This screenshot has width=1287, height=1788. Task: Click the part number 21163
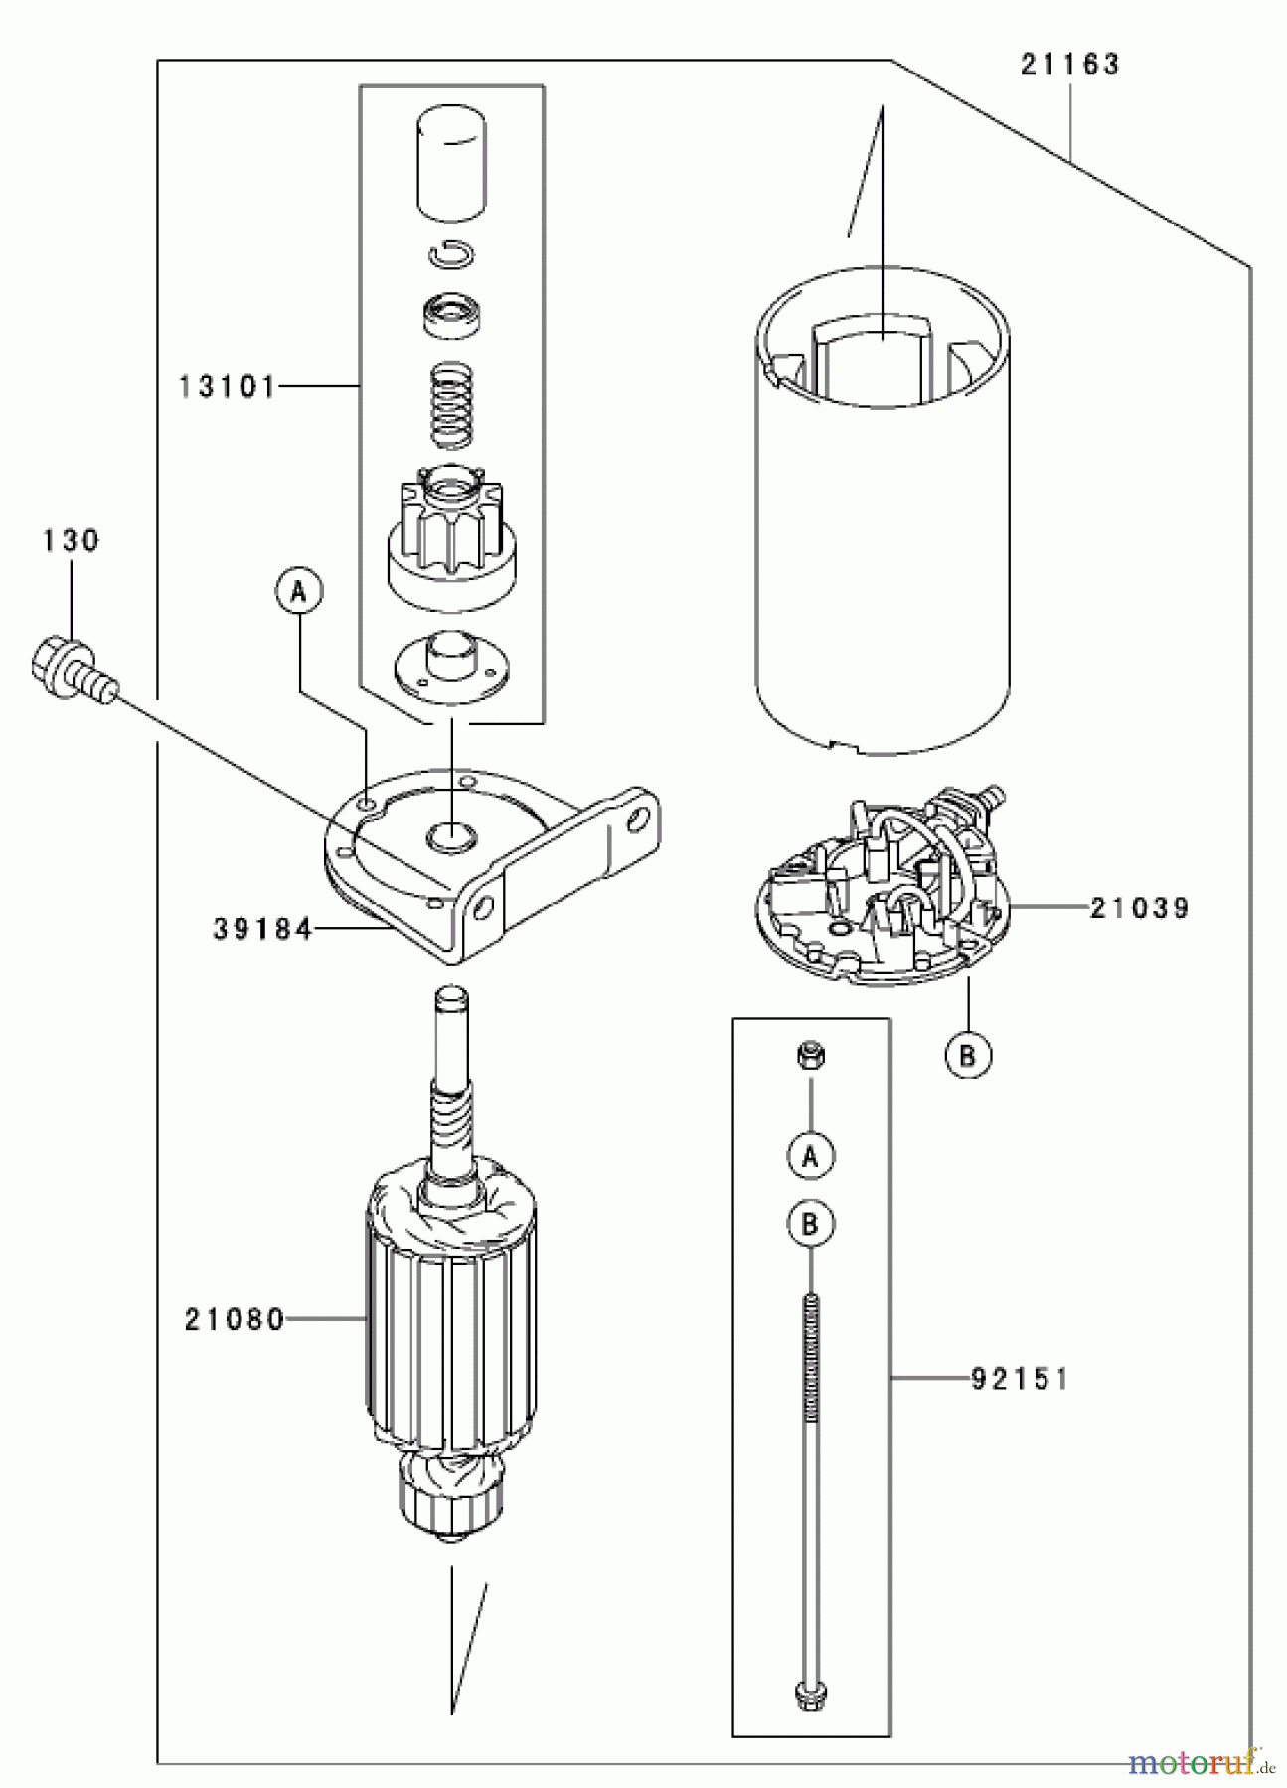click(x=1069, y=65)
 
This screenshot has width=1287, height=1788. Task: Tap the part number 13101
click(x=228, y=386)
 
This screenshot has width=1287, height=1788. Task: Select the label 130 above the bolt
click(x=71, y=541)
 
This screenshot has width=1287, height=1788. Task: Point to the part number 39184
click(x=262, y=929)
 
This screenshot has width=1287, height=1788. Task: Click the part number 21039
click(x=1139, y=908)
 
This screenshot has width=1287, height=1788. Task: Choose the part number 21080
click(x=235, y=1319)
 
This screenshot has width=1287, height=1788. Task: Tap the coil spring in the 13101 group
click(x=452, y=404)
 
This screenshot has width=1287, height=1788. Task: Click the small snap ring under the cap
click(x=452, y=254)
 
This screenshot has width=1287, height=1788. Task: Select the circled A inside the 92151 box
click(x=811, y=1155)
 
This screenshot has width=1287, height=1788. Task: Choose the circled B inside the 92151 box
click(x=811, y=1225)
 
